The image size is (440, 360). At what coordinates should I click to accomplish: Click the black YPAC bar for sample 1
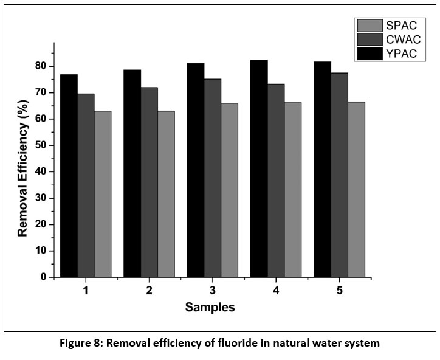point(69,176)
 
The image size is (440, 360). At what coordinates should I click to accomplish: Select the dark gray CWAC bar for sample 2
point(149,182)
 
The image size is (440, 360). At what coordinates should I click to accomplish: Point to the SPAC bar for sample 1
point(103,194)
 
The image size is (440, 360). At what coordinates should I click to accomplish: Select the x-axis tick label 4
point(276,291)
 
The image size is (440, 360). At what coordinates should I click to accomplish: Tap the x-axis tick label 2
point(149,291)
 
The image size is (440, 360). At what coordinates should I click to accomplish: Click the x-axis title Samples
point(210,308)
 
